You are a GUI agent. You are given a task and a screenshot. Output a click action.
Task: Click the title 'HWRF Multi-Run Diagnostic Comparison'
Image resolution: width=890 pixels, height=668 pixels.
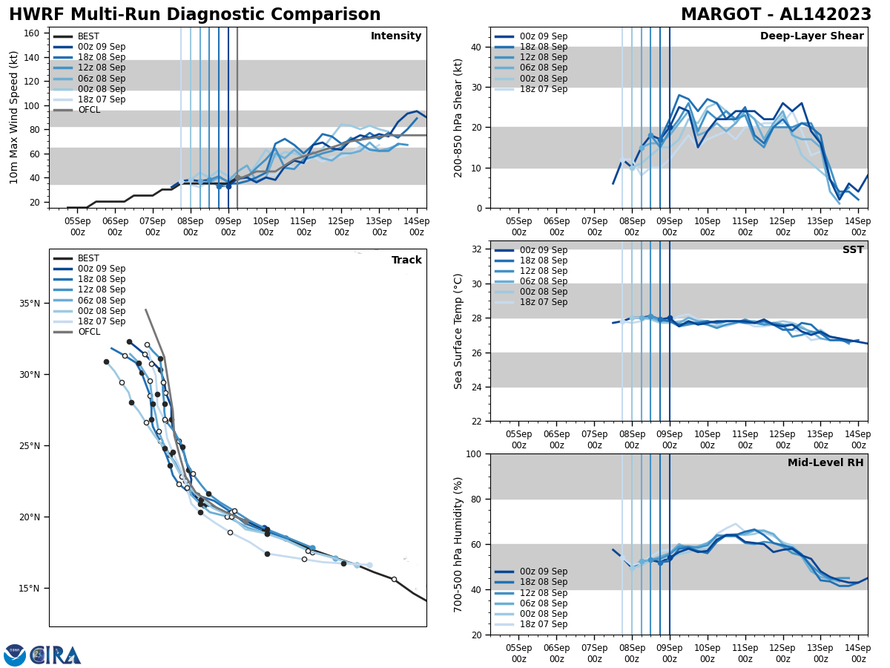pyautogui.click(x=194, y=15)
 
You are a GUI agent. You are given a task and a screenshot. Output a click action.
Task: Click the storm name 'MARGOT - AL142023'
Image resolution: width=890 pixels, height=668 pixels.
pyautogui.click(x=777, y=15)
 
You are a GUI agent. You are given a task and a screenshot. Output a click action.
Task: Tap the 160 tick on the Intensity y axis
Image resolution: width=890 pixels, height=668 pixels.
pyautogui.click(x=33, y=33)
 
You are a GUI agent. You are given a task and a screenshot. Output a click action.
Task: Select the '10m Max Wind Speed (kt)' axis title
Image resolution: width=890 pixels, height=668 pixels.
pyautogui.click(x=14, y=117)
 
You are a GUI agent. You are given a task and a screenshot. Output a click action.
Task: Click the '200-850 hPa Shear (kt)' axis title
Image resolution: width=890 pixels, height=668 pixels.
pyautogui.click(x=459, y=117)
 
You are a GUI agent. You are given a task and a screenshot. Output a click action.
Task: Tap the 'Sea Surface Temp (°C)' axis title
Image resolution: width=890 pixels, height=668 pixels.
pyautogui.click(x=459, y=331)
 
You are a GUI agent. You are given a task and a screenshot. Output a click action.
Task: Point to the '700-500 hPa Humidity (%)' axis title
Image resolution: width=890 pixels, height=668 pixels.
pyautogui.click(x=459, y=544)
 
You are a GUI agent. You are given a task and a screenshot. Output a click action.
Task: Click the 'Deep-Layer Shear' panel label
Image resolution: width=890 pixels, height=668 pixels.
pyautogui.click(x=811, y=36)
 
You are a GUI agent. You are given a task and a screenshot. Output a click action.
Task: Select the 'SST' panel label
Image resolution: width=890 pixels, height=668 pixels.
pyautogui.click(x=852, y=250)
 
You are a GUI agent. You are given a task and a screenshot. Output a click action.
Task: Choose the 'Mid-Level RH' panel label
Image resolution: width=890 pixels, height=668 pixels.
pyautogui.click(x=825, y=463)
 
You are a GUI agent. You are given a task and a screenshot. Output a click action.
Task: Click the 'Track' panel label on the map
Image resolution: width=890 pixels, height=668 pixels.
pyautogui.click(x=406, y=261)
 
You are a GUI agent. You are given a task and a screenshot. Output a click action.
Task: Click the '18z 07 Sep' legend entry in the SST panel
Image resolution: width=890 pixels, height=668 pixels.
pyautogui.click(x=543, y=302)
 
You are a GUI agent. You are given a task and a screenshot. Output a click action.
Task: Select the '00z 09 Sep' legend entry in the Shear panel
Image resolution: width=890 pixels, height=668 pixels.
pyautogui.click(x=543, y=36)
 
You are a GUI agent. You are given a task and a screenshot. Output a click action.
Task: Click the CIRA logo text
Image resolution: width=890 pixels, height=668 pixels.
pyautogui.click(x=55, y=655)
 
